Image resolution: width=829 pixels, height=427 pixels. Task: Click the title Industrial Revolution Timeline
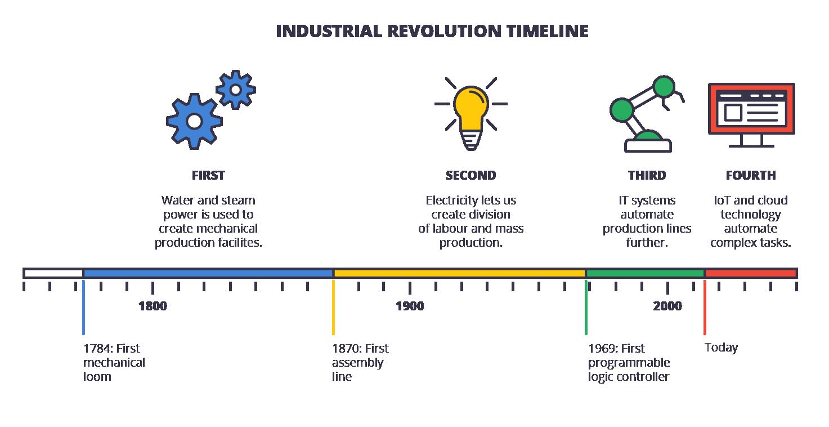[x=432, y=31]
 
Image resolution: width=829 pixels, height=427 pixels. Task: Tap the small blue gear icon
[x=236, y=90]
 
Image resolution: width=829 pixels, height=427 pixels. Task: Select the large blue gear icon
[x=194, y=121]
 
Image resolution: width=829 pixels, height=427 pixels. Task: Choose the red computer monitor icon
[x=751, y=115]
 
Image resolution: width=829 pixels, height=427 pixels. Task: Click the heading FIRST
[x=208, y=175]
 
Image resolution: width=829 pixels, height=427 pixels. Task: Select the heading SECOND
[x=470, y=175]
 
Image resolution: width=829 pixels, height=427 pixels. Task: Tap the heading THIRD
[x=647, y=175]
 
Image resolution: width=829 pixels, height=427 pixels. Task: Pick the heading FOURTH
[x=751, y=175]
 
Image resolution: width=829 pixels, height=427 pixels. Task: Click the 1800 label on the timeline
[x=153, y=306]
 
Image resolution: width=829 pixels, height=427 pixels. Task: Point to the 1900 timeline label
[x=410, y=306]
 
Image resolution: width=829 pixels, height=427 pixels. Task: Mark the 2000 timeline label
[x=667, y=306]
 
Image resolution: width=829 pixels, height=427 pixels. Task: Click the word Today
[x=721, y=348]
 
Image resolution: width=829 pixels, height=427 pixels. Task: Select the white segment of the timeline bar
[x=53, y=273]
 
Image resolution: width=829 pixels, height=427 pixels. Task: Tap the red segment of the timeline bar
[x=751, y=273]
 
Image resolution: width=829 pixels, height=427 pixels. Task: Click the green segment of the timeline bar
[x=645, y=273]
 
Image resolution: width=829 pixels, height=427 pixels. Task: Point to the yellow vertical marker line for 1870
[x=333, y=308]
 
